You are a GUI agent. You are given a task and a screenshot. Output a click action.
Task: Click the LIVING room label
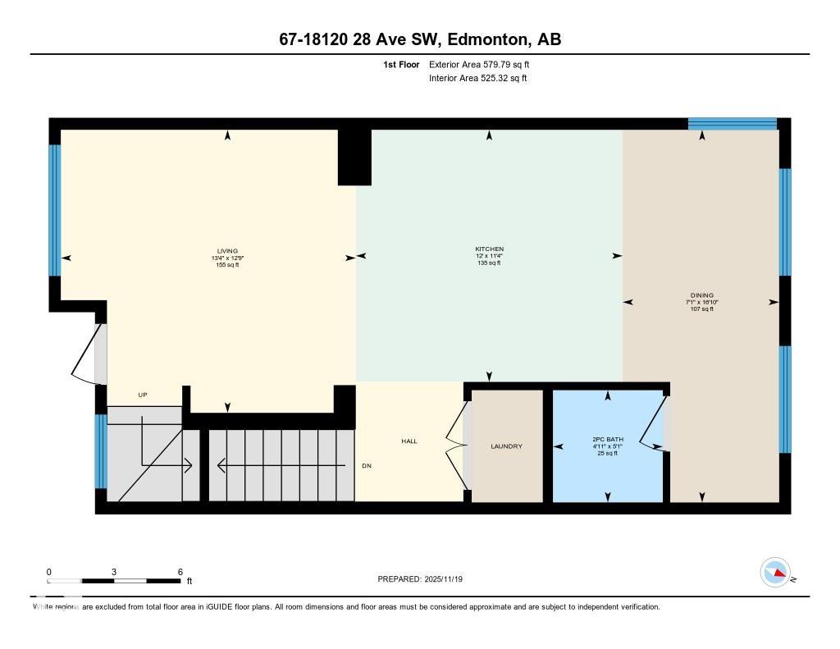[x=227, y=251]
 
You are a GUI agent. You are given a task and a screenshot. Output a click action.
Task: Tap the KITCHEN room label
[x=489, y=249]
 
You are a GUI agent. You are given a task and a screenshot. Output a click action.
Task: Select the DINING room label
[x=701, y=295]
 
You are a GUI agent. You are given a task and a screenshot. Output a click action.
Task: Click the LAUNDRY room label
[x=506, y=446]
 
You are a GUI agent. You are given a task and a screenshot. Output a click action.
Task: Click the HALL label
[x=409, y=441]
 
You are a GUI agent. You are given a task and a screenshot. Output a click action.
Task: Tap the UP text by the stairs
[x=142, y=395]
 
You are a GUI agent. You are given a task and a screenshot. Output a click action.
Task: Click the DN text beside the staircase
[x=367, y=465]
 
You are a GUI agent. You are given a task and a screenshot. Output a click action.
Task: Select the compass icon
[x=775, y=573]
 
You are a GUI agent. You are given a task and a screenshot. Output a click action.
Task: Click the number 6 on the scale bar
[x=180, y=571]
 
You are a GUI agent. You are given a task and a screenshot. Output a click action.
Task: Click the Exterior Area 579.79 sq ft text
[x=485, y=64]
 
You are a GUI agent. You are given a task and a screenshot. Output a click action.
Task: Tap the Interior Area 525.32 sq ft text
[x=477, y=79]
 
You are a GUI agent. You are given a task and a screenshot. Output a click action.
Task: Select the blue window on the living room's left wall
[x=55, y=210]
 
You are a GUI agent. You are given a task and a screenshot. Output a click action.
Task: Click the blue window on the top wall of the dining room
[x=732, y=124]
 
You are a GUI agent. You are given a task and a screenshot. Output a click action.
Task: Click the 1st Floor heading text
[x=401, y=64]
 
